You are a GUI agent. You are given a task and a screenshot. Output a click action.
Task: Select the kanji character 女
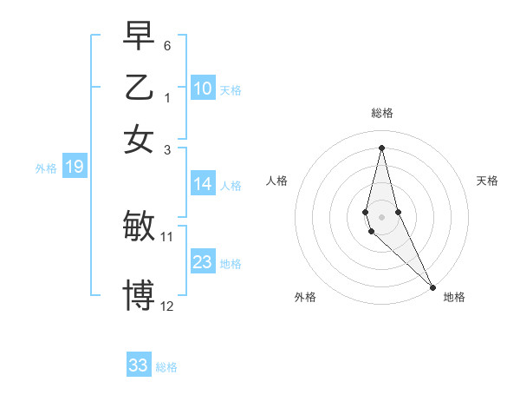click(x=139, y=138)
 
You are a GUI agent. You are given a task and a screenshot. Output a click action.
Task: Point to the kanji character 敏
click(x=139, y=227)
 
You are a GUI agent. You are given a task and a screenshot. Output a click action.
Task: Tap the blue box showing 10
click(x=203, y=89)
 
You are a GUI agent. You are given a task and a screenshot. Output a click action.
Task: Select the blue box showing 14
click(x=203, y=184)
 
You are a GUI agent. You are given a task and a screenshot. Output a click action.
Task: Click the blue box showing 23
click(x=203, y=262)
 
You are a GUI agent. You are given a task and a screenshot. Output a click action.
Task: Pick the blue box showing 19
click(x=74, y=168)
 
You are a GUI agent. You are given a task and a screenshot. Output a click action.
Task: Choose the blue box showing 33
click(x=139, y=365)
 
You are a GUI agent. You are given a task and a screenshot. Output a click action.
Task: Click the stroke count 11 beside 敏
click(x=167, y=236)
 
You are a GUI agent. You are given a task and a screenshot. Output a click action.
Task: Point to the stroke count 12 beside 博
click(x=167, y=306)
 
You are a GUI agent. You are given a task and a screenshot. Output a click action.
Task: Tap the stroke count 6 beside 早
click(x=167, y=44)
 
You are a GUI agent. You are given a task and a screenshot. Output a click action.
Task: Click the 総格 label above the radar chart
click(x=381, y=113)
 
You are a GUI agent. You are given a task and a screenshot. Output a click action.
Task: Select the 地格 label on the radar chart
click(x=454, y=297)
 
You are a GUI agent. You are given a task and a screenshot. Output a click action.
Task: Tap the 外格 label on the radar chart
click(x=305, y=297)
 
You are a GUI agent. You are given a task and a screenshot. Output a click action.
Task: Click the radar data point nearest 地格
click(x=432, y=286)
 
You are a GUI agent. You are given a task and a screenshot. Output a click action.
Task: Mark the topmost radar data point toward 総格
click(x=381, y=147)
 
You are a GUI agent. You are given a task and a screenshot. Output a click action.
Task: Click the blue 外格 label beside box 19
click(x=46, y=168)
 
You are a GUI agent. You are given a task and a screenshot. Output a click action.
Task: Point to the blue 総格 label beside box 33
click(x=167, y=367)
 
